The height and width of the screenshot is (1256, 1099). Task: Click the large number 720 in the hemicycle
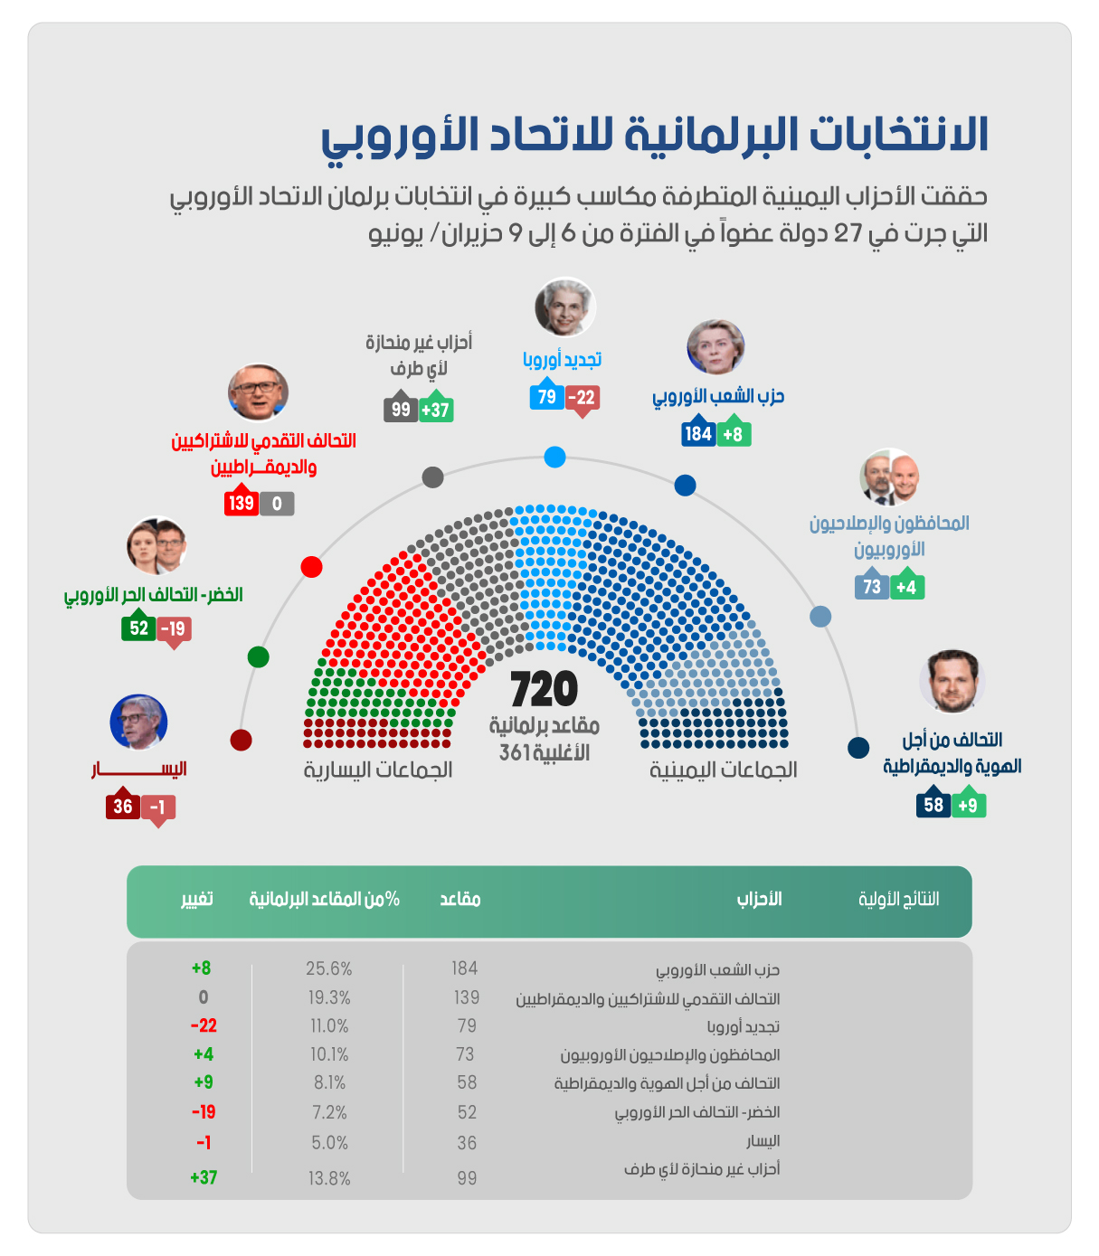pyautogui.click(x=544, y=690)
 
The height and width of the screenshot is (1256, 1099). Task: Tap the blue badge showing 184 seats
pyautogui.click(x=698, y=434)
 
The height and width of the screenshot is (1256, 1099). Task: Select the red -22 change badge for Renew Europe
pyautogui.click(x=583, y=397)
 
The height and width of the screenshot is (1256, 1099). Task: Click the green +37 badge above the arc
pyautogui.click(x=435, y=410)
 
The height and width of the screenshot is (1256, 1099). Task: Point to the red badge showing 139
pyautogui.click(x=242, y=504)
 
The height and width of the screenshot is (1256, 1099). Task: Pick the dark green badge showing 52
pyautogui.click(x=138, y=628)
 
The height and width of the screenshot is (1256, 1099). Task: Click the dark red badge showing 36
pyautogui.click(x=123, y=807)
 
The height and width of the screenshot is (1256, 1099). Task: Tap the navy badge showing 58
pyautogui.click(x=933, y=805)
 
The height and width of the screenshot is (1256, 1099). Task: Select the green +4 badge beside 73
pyautogui.click(x=906, y=587)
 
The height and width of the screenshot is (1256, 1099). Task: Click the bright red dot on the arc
pyautogui.click(x=311, y=567)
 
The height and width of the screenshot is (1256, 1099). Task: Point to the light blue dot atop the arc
pyautogui.click(x=554, y=457)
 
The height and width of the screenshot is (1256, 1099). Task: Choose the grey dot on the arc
pyautogui.click(x=432, y=477)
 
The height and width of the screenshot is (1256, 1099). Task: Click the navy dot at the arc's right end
pyautogui.click(x=858, y=748)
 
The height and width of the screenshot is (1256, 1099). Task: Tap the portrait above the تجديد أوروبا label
pyautogui.click(x=564, y=307)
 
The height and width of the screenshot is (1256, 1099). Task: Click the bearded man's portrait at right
pyautogui.click(x=952, y=681)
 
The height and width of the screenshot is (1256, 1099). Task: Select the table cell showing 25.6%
pyautogui.click(x=328, y=968)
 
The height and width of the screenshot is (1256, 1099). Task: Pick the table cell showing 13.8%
pyautogui.click(x=328, y=1178)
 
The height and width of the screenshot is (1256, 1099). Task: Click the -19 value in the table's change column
pyautogui.click(x=203, y=1112)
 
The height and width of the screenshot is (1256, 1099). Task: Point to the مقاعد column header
pyautogui.click(x=460, y=899)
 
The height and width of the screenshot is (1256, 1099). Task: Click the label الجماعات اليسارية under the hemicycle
pyautogui.click(x=378, y=770)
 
